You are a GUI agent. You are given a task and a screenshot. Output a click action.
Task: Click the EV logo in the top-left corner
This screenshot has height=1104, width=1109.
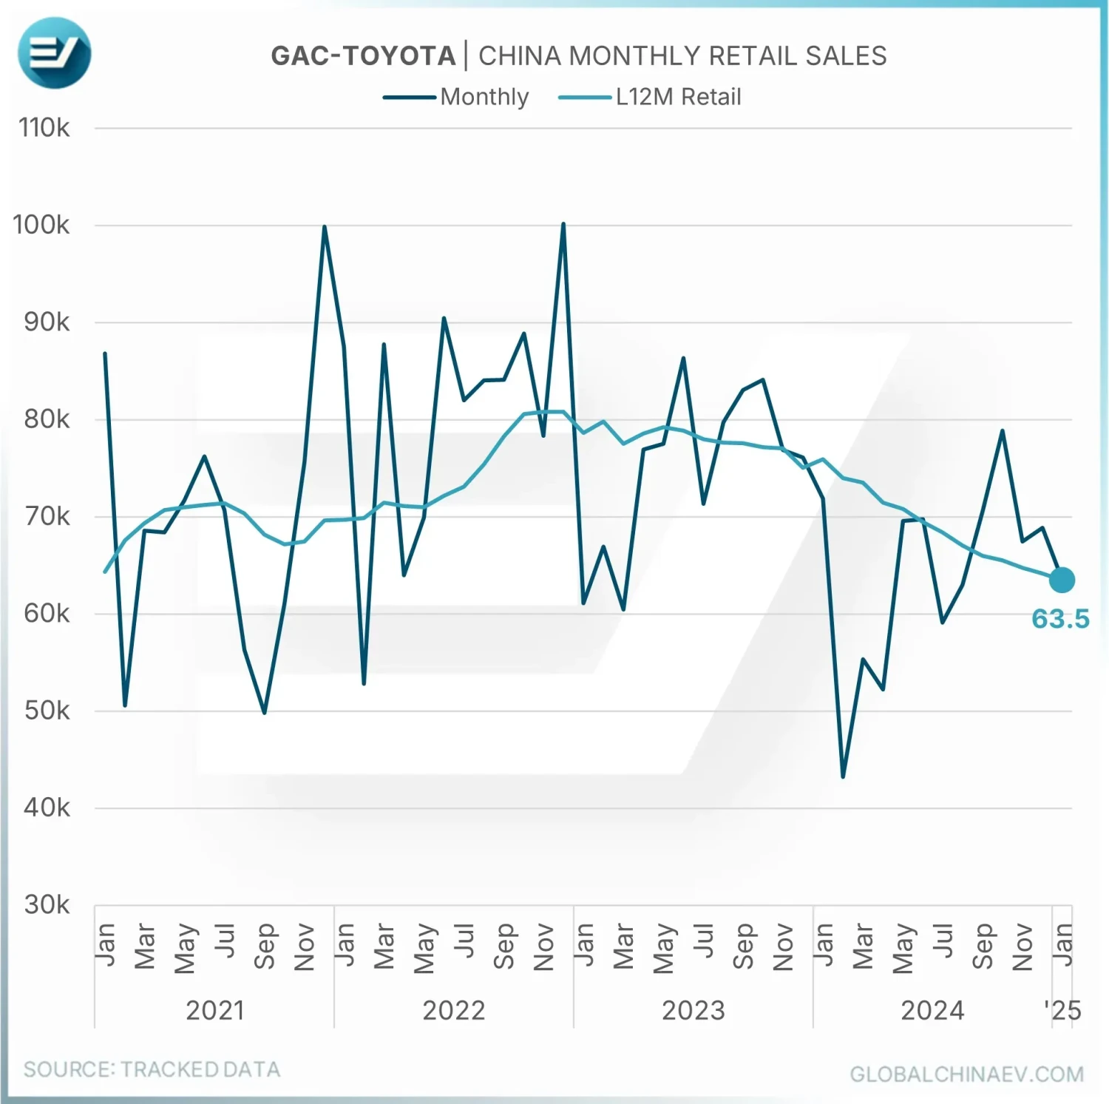coord(54,53)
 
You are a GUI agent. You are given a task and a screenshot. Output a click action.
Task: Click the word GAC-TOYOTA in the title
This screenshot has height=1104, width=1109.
coord(363,56)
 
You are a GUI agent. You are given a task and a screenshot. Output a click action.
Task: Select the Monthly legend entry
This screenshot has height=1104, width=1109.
coord(484,97)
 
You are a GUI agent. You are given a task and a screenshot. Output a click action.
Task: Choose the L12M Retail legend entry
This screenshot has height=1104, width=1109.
coord(678,97)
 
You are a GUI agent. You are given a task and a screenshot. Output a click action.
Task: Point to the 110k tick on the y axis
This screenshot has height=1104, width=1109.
coord(44,128)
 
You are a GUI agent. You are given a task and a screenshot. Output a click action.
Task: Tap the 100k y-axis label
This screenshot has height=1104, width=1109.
coord(41,225)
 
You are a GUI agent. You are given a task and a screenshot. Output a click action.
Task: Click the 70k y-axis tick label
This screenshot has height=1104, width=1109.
coord(47,516)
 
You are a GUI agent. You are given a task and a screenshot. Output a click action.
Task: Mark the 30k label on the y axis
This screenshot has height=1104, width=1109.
coord(47,904)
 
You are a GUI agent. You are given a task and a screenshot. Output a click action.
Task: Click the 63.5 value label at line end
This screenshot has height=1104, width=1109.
coord(1060,618)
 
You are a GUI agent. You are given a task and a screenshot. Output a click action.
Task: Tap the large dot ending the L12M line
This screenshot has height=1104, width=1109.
coord(1062,580)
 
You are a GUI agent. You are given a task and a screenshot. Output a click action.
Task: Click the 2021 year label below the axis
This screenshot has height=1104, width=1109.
coord(214,1010)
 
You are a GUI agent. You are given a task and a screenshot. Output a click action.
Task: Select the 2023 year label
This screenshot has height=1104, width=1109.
coord(693,1010)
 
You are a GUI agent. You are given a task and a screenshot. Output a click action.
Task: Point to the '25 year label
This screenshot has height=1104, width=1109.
coord(1062,1010)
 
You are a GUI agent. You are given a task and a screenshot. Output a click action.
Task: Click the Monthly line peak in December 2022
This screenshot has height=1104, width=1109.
coord(563,223)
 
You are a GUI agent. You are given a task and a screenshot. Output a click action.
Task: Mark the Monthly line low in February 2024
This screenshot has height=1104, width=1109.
coord(843,776)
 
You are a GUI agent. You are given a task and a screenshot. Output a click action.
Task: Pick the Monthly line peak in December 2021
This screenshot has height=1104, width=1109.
coord(325,226)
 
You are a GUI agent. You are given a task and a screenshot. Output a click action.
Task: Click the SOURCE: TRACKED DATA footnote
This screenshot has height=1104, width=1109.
coord(152,1069)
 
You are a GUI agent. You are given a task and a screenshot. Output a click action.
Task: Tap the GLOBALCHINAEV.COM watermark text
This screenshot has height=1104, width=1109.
coord(966,1074)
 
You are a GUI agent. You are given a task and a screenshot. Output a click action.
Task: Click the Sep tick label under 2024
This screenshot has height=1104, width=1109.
coord(983,946)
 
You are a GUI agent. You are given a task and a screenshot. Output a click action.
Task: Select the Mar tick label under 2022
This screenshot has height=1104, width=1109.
coord(384,946)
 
